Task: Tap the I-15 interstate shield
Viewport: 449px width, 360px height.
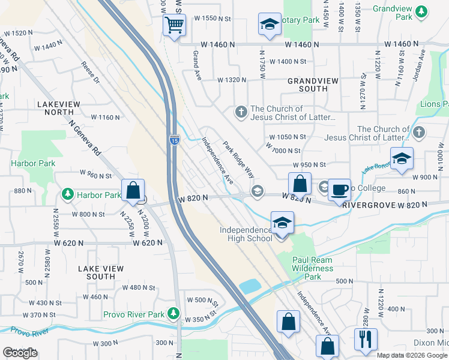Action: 174,140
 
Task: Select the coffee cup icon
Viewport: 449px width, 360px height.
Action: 339,189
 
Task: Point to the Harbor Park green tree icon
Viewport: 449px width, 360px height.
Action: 68,194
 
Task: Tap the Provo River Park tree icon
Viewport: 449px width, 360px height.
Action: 173,313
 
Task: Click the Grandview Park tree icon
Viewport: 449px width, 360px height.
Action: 422,10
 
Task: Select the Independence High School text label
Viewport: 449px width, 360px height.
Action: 246,234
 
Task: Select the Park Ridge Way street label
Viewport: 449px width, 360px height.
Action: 238,159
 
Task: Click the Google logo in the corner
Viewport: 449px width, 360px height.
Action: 20,353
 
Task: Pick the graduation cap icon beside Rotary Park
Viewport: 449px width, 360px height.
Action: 270,25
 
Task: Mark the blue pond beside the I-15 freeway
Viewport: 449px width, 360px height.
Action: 249,286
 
